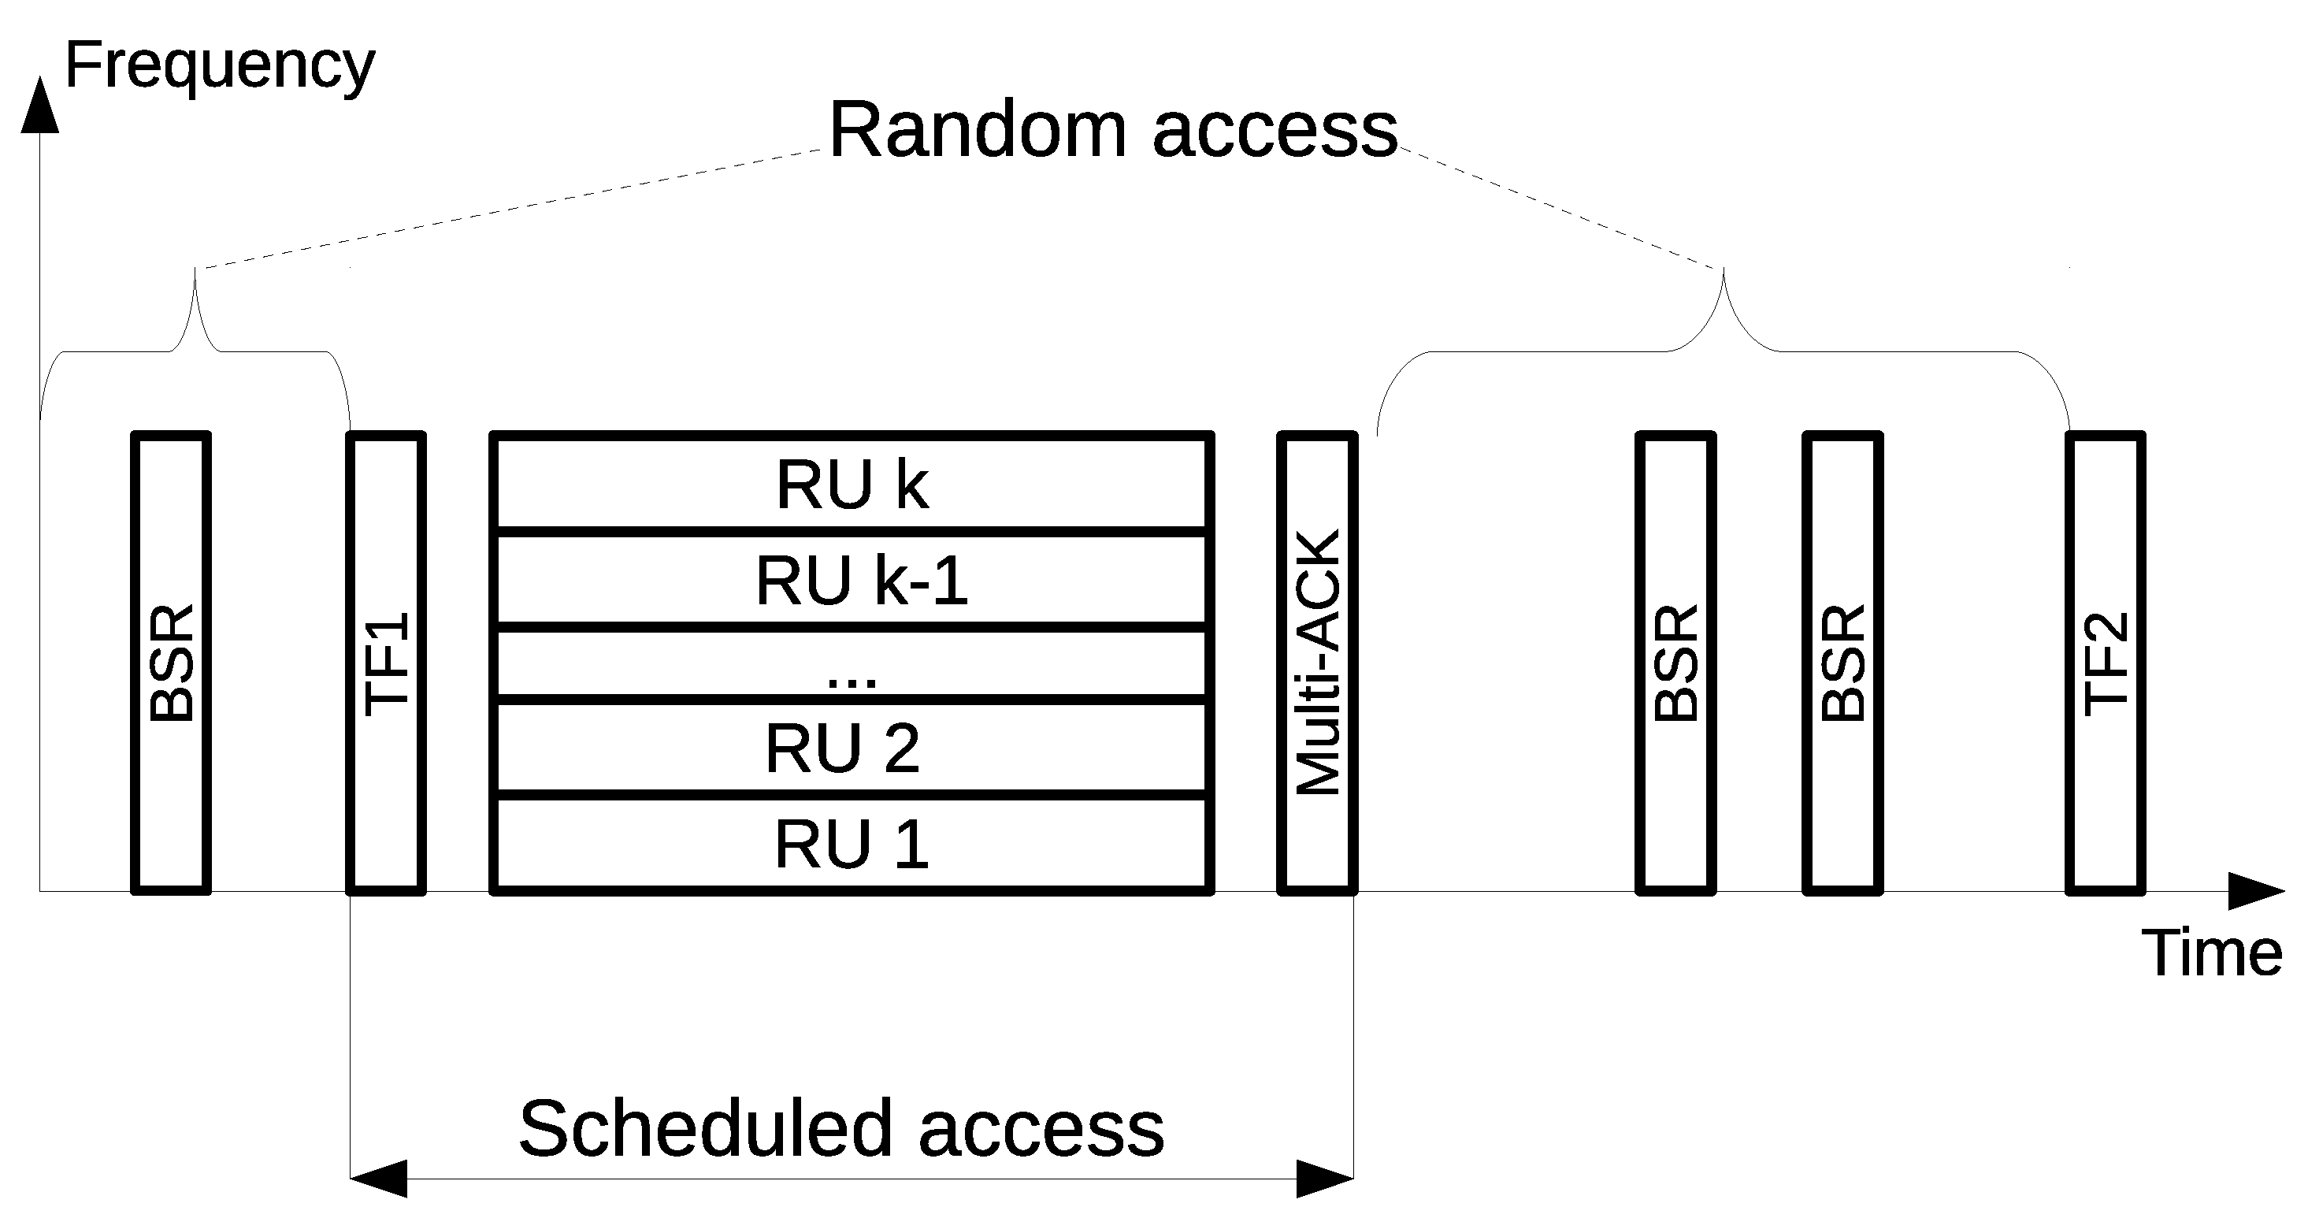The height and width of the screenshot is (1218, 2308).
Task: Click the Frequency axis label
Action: click(x=220, y=66)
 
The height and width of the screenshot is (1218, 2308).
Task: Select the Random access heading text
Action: click(x=1113, y=131)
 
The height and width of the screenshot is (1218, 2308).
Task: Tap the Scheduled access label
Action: click(x=841, y=1128)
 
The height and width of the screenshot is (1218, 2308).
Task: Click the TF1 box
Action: click(x=386, y=664)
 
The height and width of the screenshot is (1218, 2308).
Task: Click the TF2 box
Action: click(x=2105, y=664)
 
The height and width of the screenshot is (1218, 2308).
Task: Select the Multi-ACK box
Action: click(x=1317, y=664)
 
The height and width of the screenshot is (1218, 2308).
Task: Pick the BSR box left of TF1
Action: click(x=171, y=664)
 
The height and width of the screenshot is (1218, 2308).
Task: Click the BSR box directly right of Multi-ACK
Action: click(x=1675, y=664)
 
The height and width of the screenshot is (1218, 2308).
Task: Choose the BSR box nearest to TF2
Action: click(x=1842, y=664)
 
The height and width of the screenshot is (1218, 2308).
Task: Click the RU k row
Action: click(x=852, y=485)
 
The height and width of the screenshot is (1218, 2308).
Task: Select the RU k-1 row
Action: click(x=852, y=581)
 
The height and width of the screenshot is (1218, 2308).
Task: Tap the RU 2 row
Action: click(x=852, y=748)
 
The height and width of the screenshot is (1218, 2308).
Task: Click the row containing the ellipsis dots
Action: click(x=852, y=664)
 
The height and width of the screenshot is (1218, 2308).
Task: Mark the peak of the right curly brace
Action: click(x=1724, y=271)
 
